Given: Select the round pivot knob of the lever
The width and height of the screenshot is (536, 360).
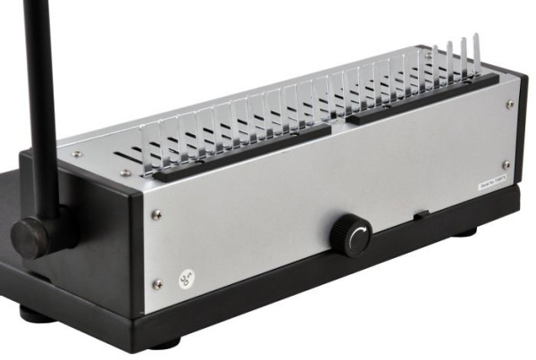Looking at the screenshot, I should click(x=32, y=238).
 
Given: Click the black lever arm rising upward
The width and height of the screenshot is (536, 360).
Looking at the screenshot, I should click(x=40, y=98).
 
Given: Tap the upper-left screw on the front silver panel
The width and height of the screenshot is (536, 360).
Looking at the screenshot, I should click(x=157, y=213).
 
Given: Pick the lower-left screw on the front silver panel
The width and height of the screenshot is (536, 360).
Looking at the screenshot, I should click(x=157, y=284).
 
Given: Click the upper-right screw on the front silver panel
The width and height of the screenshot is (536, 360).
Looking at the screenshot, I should click(x=510, y=105).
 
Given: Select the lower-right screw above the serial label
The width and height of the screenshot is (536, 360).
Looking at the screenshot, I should click(x=507, y=164).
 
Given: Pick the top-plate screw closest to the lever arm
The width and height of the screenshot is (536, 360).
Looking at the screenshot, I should click(x=76, y=154).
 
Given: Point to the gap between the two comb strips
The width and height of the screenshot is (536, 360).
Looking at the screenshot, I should click(x=339, y=123).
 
